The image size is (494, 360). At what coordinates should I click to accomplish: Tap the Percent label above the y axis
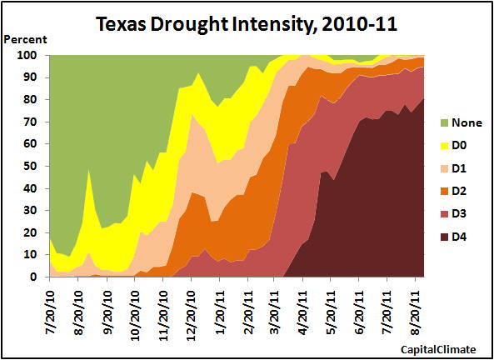point(25,39)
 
